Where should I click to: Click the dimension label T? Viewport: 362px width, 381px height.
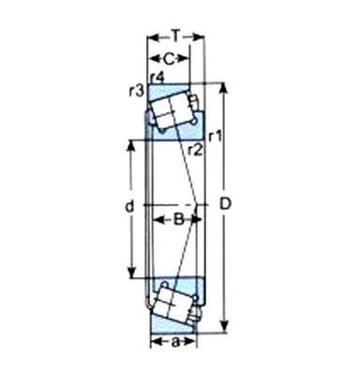pyautogui.click(x=176, y=36)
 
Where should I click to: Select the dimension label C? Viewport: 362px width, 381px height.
pyautogui.click(x=169, y=59)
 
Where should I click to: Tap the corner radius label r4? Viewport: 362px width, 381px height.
pyautogui.click(x=157, y=78)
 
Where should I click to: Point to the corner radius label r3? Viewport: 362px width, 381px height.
pyautogui.click(x=137, y=91)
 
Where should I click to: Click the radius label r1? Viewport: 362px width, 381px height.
pyautogui.click(x=216, y=136)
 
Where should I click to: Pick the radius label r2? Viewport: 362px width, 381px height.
pyautogui.click(x=196, y=151)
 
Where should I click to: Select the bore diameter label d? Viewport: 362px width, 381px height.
pyautogui.click(x=129, y=206)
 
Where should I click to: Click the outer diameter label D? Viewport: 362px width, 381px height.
pyautogui.click(x=225, y=204)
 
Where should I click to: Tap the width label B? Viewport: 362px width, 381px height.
pyautogui.click(x=178, y=219)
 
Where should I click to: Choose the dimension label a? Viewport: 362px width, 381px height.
pyautogui.click(x=176, y=343)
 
